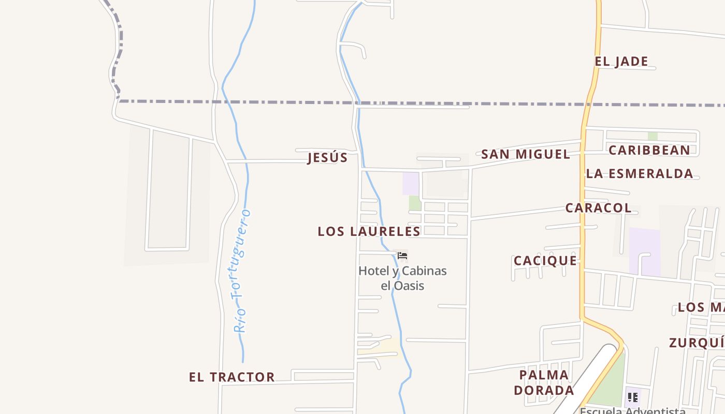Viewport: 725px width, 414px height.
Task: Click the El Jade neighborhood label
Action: pos(621,62)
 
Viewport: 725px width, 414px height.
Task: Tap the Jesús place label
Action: pos(327,158)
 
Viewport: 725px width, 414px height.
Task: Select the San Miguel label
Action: pos(525,154)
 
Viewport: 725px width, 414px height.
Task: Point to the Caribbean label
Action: pos(649,151)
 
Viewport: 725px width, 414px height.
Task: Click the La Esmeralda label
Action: pos(640,174)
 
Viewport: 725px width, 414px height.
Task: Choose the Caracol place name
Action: pos(598,208)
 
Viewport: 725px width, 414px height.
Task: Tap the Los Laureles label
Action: pos(369,231)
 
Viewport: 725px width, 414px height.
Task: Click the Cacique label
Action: pos(545,261)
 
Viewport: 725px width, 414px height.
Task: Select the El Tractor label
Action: pos(231,377)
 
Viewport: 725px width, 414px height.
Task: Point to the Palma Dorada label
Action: pos(544,382)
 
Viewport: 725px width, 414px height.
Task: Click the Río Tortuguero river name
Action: pos(241,271)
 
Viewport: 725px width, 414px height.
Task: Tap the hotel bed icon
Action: pos(402,256)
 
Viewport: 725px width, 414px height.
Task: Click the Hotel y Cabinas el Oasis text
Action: pos(402,278)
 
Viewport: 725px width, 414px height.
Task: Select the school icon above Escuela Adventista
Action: pos(632,397)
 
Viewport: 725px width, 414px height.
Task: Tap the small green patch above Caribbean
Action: pos(653,136)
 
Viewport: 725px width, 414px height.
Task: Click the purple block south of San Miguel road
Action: pos(411,184)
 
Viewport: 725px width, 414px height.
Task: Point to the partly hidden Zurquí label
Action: pos(697,343)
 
